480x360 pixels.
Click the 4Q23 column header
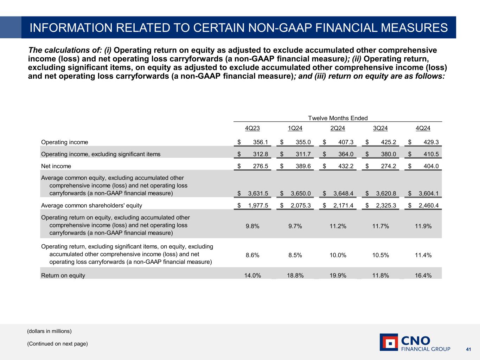[252, 128]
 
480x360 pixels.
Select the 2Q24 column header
[338, 128]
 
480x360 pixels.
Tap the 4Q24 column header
[423, 128]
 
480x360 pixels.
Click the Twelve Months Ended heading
[338, 118]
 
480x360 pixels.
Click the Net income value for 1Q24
[303, 166]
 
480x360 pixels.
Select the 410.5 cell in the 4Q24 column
[431, 154]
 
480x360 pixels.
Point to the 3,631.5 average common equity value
[258, 193]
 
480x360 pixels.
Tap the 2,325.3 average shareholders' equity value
[386, 205]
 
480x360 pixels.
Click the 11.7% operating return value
[380, 226]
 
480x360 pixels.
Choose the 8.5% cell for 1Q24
[295, 255]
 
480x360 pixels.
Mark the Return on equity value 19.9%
[338, 276]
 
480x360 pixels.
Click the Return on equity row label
[63, 276]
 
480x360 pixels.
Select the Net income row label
[56, 166]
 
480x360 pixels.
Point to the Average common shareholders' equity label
[91, 205]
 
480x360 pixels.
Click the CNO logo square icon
[389, 342]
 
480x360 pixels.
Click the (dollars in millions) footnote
[49, 331]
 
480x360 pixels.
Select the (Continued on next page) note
[57, 344]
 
